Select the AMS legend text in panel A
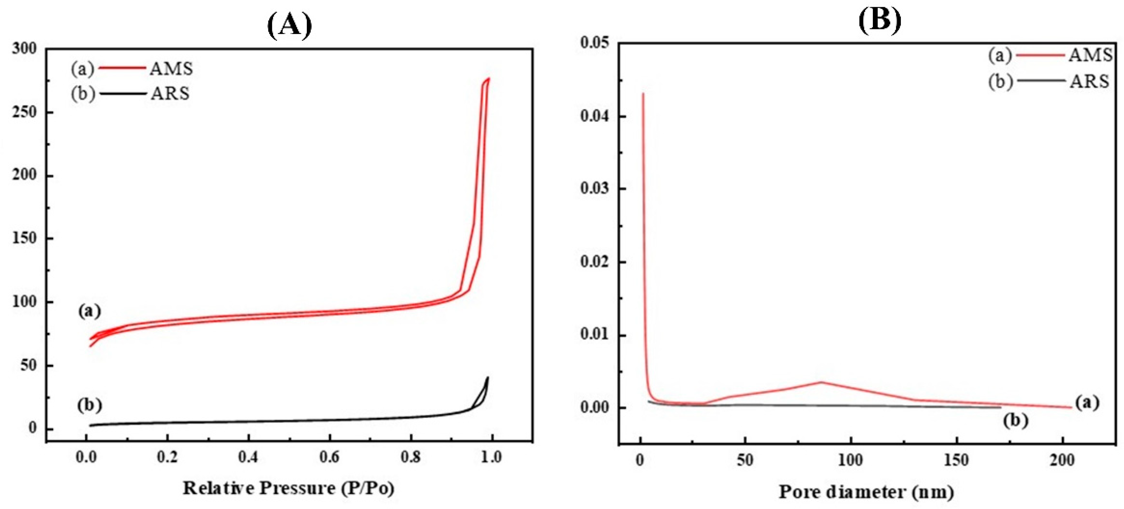pyautogui.click(x=171, y=69)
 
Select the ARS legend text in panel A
pyautogui.click(x=170, y=93)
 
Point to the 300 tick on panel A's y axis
pyautogui.click(x=25, y=49)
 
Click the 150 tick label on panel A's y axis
pyautogui.click(x=25, y=239)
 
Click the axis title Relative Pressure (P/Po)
pyautogui.click(x=288, y=488)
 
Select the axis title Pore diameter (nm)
pyautogui.click(x=866, y=492)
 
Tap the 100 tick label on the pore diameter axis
pyautogui.click(x=851, y=460)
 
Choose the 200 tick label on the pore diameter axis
pyautogui.click(x=1061, y=460)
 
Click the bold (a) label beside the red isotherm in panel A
pyautogui.click(x=89, y=311)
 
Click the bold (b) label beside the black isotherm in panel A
pyautogui.click(x=89, y=405)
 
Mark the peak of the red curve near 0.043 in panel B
pyautogui.click(x=643, y=93)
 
